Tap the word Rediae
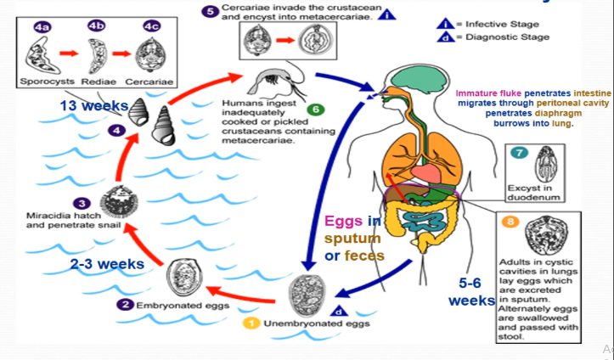click(x=94, y=83)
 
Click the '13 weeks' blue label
click(x=93, y=106)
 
